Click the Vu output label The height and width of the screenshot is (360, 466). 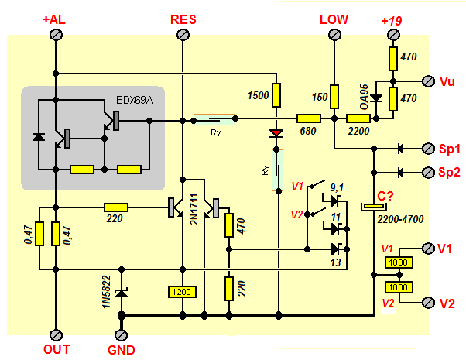[447, 81]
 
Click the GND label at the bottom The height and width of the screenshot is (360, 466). [121, 350]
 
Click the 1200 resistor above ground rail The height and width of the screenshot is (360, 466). [183, 292]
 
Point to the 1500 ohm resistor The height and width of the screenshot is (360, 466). [276, 95]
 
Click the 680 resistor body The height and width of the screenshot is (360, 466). [310, 118]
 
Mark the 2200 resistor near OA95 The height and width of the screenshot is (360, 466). [358, 118]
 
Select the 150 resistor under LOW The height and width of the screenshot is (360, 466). [334, 96]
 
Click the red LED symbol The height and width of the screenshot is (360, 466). [276, 133]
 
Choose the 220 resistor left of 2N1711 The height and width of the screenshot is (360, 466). [116, 207]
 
